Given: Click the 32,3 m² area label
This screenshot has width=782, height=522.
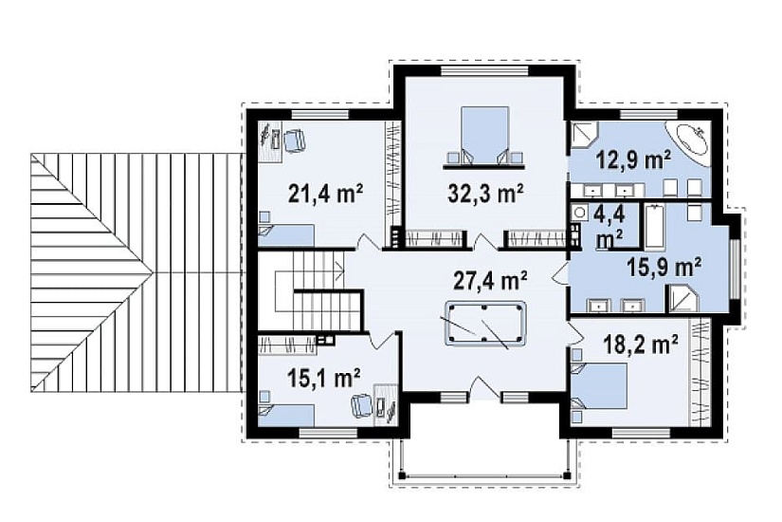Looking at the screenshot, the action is click(x=485, y=194).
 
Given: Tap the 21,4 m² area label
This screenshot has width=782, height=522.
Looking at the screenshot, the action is click(x=325, y=194).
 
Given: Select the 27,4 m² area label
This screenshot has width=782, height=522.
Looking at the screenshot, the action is click(x=490, y=281).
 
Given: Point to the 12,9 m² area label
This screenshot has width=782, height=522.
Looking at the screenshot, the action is click(x=634, y=160).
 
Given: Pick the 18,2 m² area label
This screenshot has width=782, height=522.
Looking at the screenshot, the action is click(x=641, y=345).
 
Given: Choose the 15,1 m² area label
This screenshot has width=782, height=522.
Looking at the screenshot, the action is click(x=324, y=378).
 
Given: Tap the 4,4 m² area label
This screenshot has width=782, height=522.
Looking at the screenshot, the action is click(x=609, y=227).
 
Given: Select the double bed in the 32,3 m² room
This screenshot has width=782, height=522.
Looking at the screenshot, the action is click(x=484, y=135).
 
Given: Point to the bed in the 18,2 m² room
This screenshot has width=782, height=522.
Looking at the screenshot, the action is click(x=599, y=385).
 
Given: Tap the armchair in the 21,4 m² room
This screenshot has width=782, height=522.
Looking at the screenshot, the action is click(x=294, y=140).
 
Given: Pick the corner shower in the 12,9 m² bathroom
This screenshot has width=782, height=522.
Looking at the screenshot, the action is click(x=581, y=134).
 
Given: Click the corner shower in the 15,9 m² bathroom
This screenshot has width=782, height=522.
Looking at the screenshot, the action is click(x=682, y=298).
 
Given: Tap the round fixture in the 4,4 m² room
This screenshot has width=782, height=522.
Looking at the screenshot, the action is click(x=579, y=213).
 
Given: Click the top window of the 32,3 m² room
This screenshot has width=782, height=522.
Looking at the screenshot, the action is click(x=484, y=71).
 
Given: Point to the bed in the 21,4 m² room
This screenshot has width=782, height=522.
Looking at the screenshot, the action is click(x=286, y=235).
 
